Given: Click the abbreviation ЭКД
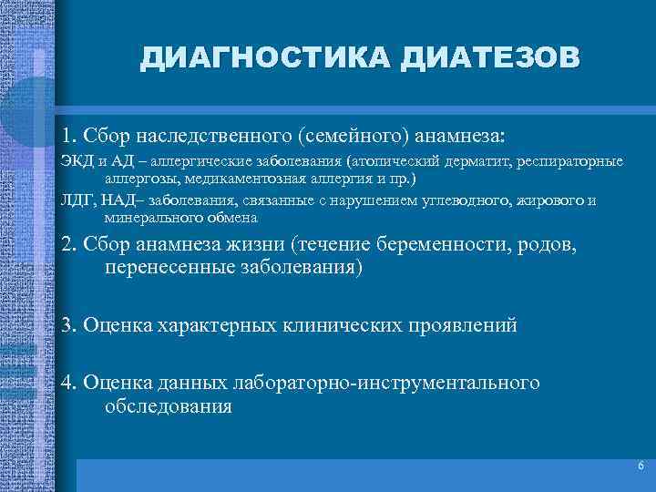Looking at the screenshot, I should (77, 161).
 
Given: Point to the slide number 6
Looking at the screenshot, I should (641, 466).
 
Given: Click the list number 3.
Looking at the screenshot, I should (67, 324).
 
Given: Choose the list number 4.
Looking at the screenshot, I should (67, 383).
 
